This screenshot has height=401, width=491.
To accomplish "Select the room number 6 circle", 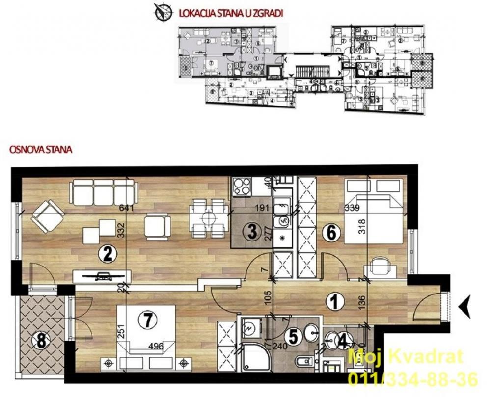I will [331, 234].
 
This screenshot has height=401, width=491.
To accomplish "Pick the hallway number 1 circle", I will [335, 302].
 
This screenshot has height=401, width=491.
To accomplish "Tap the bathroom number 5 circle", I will [293, 337].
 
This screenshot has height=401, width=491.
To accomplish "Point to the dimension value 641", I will [127, 208].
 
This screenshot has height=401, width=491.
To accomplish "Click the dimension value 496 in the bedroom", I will [155, 346].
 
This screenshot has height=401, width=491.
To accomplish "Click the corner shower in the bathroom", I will [254, 358].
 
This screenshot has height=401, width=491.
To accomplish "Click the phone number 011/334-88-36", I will [412, 378].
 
